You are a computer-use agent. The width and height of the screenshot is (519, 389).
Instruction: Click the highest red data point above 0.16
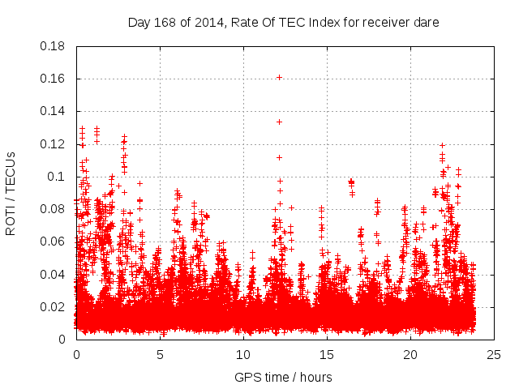pyautogui.click(x=279, y=77)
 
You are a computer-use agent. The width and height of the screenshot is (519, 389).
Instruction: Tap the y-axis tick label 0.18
pyautogui.click(x=54, y=46)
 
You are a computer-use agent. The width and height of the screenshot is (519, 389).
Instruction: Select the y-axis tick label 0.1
pyautogui.click(x=58, y=177)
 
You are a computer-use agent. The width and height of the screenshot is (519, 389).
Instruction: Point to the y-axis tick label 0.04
pyautogui.click(x=54, y=274)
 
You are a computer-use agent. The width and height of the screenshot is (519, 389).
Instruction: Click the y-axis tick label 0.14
pyautogui.click(x=54, y=111)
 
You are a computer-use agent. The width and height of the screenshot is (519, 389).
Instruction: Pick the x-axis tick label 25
pyautogui.click(x=494, y=354)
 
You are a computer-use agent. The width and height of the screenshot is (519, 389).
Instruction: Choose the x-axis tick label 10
pyautogui.click(x=243, y=354)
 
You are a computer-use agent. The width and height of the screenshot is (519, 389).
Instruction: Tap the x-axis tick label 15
pyautogui.click(x=327, y=354)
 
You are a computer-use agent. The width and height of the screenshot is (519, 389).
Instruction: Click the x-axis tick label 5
pyautogui.click(x=160, y=354)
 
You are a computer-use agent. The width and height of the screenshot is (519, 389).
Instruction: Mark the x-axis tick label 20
pyautogui.click(x=410, y=354)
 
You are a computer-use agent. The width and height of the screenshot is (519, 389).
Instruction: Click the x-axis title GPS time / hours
pyautogui.click(x=283, y=377)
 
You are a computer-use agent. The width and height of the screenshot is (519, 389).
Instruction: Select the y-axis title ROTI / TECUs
pyautogui.click(x=11, y=193)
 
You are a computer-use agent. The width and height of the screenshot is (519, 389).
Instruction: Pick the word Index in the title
pyautogui.click(x=321, y=23)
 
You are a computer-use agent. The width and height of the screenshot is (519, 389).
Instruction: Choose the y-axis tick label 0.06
pyautogui.click(x=54, y=242)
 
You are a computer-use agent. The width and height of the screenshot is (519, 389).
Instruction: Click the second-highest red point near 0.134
pyautogui.click(x=279, y=122)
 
